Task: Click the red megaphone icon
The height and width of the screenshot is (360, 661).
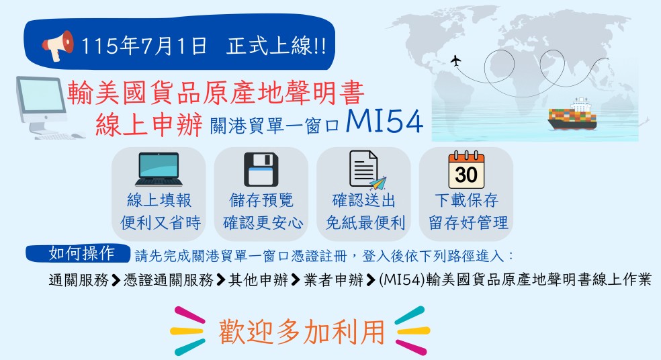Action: [58, 45]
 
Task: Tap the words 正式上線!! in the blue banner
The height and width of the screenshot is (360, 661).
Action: [277, 46]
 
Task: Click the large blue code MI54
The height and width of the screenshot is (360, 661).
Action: [384, 122]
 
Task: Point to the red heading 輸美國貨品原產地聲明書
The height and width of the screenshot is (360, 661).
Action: [216, 93]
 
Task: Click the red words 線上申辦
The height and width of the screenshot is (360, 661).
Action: [149, 125]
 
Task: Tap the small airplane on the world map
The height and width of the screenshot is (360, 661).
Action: [455, 60]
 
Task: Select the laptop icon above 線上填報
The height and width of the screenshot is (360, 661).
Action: [159, 169]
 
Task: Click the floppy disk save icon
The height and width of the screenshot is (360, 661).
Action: [261, 169]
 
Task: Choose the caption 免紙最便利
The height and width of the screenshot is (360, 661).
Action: [365, 223]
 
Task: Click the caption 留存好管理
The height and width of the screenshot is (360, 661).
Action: [468, 223]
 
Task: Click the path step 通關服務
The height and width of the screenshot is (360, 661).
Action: [79, 279]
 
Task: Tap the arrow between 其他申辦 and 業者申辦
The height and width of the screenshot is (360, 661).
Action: [296, 280]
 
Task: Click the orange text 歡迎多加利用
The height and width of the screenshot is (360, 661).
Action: [302, 332]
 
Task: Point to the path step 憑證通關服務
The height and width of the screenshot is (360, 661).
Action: [169, 279]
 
